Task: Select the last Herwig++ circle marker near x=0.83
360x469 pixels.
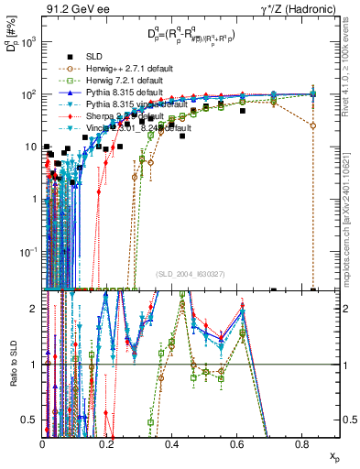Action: [x=313, y=125]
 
